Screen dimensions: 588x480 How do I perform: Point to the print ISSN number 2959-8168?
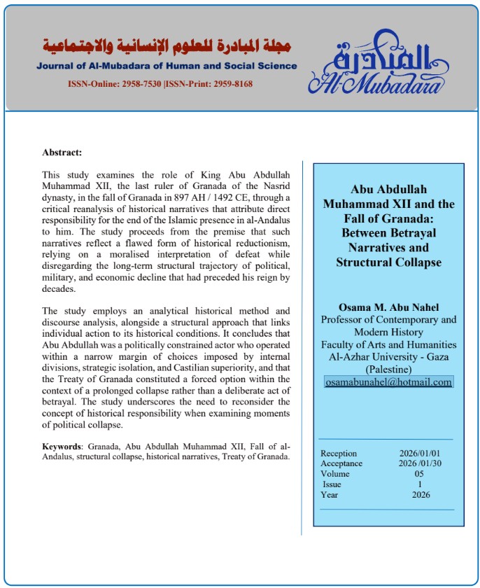(x=228, y=84)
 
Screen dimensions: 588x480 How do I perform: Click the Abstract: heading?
(x=62, y=152)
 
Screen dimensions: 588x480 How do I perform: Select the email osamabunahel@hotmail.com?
(x=389, y=382)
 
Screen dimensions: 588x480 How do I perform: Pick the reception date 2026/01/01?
(x=418, y=454)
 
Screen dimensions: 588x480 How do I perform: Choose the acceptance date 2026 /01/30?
(x=418, y=463)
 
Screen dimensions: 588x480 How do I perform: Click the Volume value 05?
(x=418, y=474)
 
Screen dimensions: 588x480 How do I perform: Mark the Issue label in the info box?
(x=333, y=484)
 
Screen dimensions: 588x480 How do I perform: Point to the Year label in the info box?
(x=330, y=495)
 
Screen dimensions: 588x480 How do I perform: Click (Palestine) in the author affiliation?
(x=388, y=369)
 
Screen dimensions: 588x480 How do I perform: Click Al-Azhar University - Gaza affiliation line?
(x=388, y=357)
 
